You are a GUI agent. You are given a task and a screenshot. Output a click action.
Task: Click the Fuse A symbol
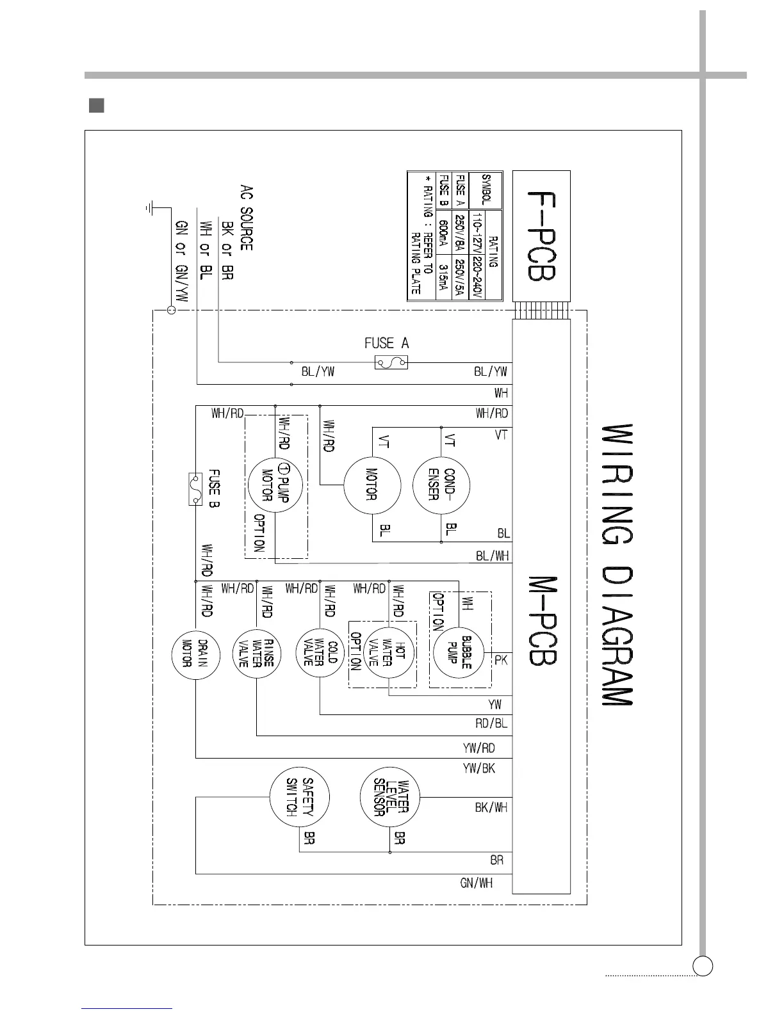[x=391, y=363]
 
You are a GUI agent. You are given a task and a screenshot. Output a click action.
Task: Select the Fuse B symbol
[x=195, y=489]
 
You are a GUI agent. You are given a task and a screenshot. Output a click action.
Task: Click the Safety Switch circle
[x=299, y=796]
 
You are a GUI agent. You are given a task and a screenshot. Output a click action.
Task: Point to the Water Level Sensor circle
[x=390, y=796]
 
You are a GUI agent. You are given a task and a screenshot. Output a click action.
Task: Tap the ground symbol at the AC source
[x=149, y=207]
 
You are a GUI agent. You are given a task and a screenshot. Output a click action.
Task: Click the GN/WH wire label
[x=476, y=883]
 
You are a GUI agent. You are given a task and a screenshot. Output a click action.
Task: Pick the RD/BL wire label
[x=491, y=723]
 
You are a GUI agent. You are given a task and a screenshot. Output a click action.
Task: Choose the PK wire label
[x=501, y=659]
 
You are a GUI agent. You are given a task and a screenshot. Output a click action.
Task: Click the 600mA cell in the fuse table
[x=443, y=236]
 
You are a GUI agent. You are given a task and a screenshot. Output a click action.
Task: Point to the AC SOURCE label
[x=247, y=218]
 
